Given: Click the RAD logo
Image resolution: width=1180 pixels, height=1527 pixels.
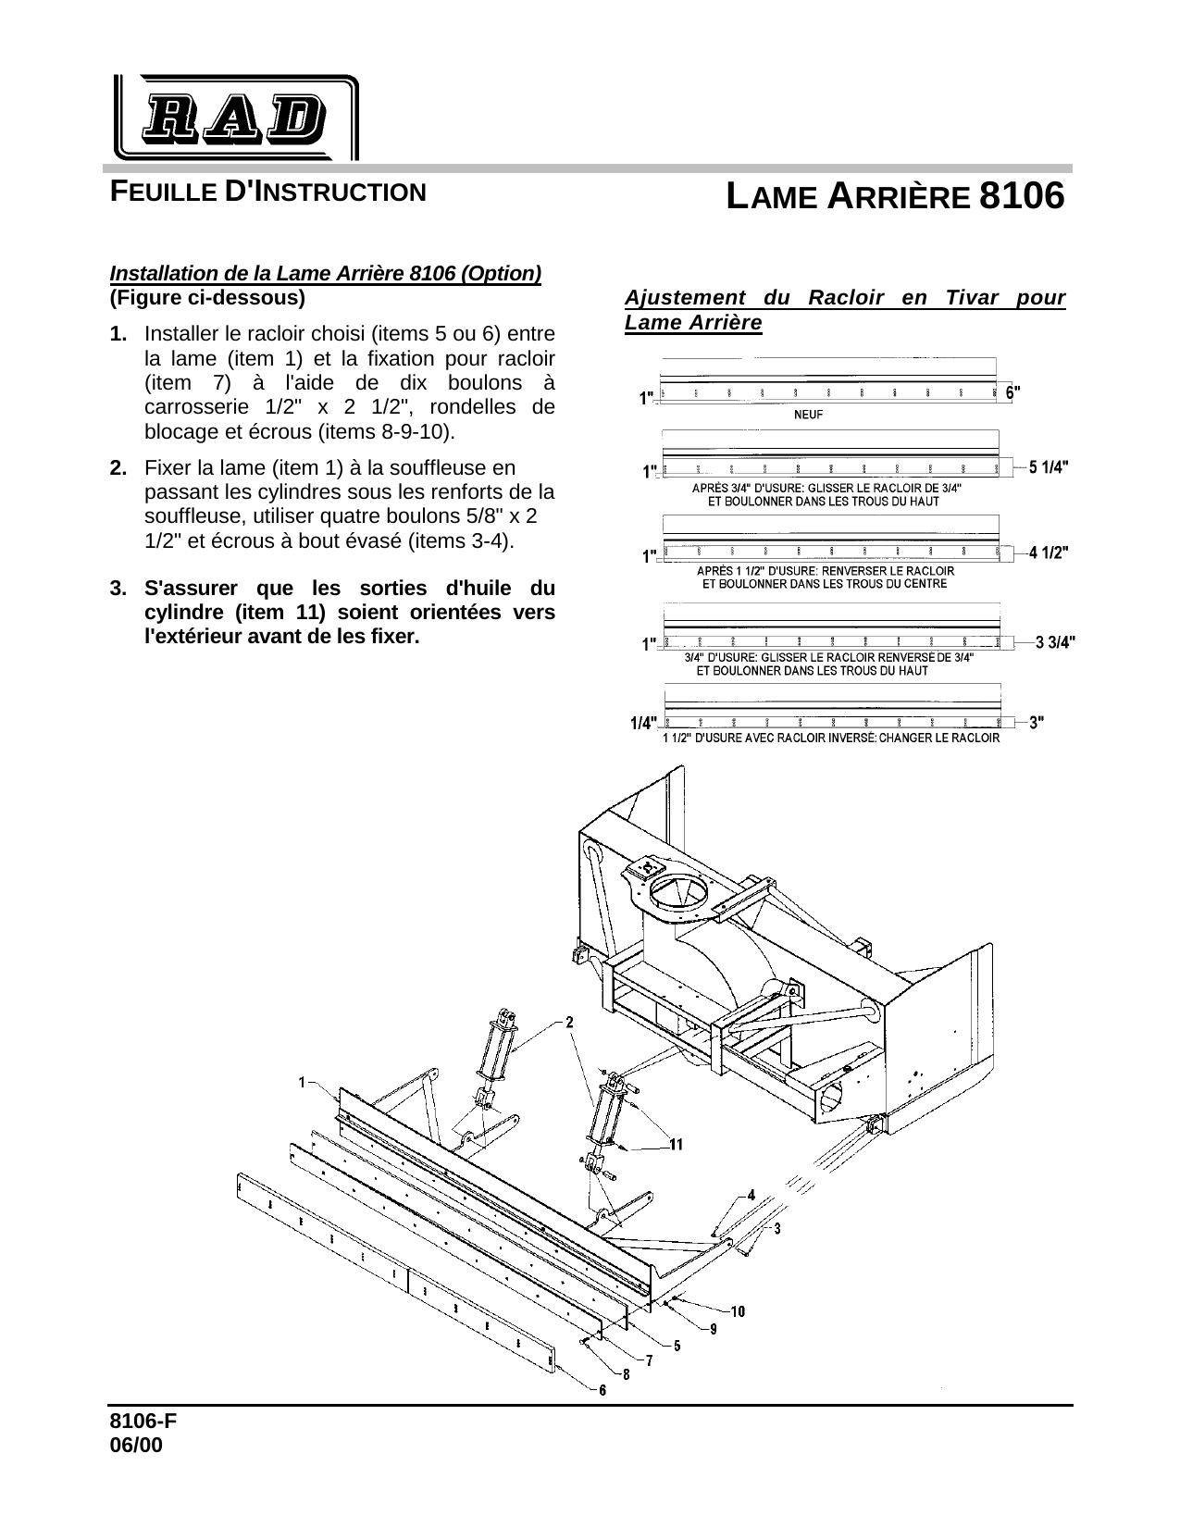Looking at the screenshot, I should click(x=235, y=118).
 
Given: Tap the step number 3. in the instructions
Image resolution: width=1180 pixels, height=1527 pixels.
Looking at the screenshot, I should click(x=118, y=588).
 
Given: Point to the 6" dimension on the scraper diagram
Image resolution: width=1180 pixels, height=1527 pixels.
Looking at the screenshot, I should click(x=1013, y=391).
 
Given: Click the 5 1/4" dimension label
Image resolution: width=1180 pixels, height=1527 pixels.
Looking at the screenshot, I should click(x=1050, y=467).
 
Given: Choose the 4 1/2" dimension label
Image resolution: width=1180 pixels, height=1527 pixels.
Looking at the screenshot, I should click(x=1050, y=552).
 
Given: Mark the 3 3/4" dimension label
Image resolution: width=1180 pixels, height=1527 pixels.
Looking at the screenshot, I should click(x=1055, y=641).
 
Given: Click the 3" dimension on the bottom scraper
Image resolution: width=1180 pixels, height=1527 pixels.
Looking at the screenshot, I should click(x=1037, y=723).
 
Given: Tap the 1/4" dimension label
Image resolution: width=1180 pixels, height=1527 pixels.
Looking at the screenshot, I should click(x=643, y=724).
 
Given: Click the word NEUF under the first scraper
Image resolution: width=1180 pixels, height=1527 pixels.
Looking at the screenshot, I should click(x=809, y=416).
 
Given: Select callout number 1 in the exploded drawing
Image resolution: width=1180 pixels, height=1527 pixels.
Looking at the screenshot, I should click(x=303, y=1081).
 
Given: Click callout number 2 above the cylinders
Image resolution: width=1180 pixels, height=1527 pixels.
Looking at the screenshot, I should click(x=568, y=1022).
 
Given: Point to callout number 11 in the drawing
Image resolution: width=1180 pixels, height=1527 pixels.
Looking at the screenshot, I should click(x=677, y=1145).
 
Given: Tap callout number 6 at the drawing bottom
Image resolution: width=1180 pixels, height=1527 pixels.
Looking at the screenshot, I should click(x=602, y=1390).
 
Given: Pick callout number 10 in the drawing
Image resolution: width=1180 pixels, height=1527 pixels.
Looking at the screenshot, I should click(x=739, y=1310).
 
